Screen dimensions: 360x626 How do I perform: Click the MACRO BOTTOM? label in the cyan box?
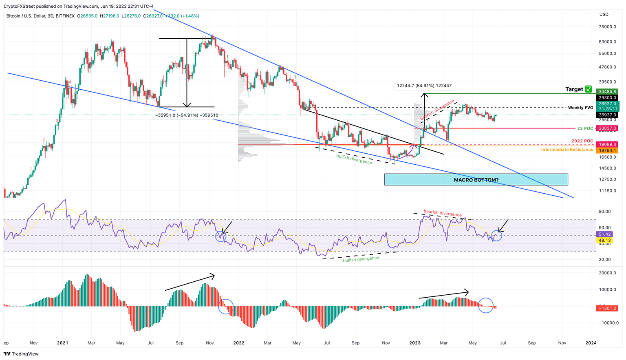(x=476, y=180)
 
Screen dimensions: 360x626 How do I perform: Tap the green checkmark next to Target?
(x=588, y=89)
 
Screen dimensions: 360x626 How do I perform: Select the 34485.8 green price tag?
(x=607, y=92)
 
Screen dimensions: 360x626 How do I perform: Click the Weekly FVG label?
(x=580, y=108)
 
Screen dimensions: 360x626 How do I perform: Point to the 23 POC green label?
(x=585, y=128)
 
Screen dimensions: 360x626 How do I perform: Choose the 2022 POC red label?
(x=582, y=141)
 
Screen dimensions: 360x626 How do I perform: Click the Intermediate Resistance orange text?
(x=567, y=150)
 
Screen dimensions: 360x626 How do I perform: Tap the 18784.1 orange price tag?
(x=607, y=150)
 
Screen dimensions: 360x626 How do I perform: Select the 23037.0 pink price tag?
(x=607, y=128)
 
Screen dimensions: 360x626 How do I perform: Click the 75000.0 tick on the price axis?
(x=607, y=27)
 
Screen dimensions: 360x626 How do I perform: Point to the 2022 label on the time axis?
(x=238, y=343)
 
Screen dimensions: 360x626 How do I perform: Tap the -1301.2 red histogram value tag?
(x=607, y=308)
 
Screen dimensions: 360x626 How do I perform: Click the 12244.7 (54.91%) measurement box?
(x=424, y=86)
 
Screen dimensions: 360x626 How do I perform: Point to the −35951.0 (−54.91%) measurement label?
(x=187, y=115)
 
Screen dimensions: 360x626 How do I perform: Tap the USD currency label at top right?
(x=604, y=14)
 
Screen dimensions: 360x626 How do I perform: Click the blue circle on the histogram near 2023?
(x=485, y=305)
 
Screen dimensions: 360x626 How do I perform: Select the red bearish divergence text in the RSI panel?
(x=442, y=213)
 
